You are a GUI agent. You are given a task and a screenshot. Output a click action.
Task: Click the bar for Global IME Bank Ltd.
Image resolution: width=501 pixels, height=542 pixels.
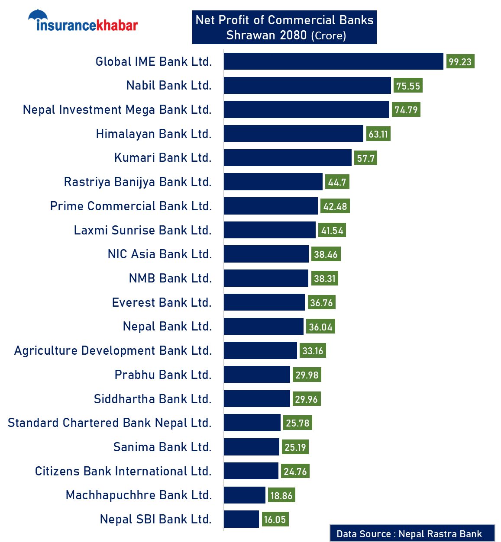coord(333,61)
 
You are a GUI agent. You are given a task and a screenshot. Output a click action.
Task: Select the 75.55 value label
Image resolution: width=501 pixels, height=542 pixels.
coord(408,86)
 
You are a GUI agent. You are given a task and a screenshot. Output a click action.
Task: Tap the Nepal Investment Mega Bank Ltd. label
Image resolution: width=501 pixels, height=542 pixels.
coord(117,110)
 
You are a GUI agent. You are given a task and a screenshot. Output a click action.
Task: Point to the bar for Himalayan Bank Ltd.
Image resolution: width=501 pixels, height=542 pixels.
coord(293,134)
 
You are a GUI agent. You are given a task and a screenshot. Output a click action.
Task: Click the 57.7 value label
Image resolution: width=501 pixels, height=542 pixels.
coord(365,158)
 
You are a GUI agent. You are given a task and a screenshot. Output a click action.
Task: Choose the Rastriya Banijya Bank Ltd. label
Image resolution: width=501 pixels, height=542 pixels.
coord(138,182)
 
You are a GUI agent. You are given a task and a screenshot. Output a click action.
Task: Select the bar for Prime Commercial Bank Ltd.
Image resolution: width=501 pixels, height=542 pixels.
coord(271,206)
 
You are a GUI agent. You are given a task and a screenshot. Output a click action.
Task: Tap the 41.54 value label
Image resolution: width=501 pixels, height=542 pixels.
coord(332,231)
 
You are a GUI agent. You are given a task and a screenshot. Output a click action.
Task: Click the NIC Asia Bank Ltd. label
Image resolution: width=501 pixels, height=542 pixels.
coord(160,254)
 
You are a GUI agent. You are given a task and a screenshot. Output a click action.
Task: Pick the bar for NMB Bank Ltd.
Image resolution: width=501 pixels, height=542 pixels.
coord(266,278)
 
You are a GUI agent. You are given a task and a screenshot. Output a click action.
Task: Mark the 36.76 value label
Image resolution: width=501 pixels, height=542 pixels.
coord(321,303)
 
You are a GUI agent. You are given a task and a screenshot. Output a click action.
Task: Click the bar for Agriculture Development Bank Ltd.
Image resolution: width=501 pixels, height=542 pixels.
coord(260,350)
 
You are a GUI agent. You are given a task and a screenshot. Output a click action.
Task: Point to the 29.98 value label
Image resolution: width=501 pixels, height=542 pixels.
coord(307,375)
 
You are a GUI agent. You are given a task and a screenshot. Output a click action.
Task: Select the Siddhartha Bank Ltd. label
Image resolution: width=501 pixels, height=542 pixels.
coord(152,399)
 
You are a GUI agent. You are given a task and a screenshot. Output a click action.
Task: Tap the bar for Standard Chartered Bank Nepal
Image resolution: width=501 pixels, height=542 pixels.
coord(252,423)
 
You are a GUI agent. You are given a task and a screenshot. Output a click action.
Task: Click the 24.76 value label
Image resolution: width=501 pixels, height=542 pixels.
coord(295,471)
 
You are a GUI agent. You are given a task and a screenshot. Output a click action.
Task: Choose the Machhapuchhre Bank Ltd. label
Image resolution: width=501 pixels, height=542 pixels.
coord(139,495)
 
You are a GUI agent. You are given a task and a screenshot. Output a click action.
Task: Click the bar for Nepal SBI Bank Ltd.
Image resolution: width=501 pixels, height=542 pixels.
coord(241,519)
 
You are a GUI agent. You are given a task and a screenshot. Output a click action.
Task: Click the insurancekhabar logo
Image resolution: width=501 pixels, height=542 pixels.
coord(83,22)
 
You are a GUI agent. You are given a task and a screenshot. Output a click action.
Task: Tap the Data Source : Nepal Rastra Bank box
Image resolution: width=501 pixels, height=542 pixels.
coord(412,533)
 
